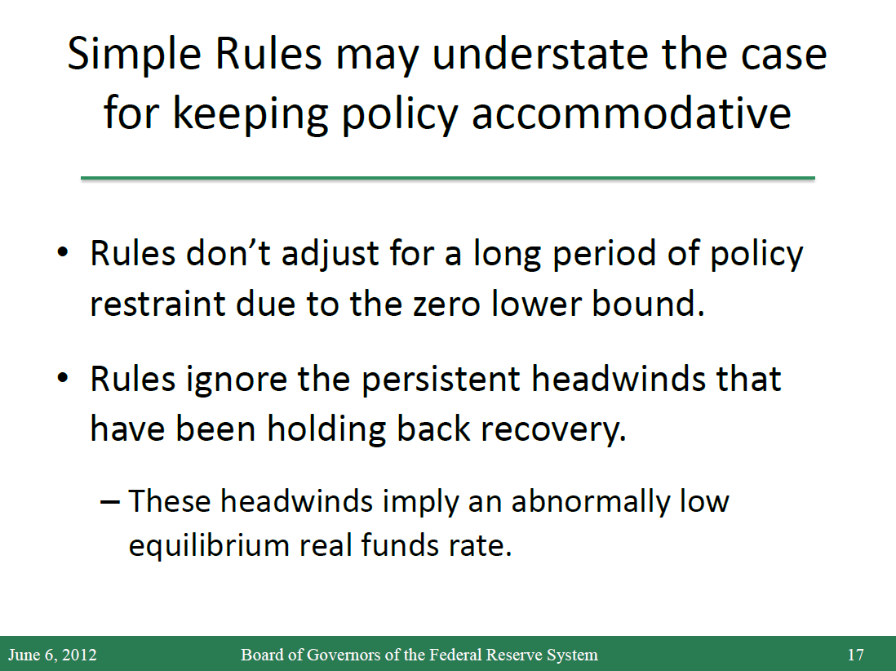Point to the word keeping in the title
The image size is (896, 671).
click(251, 115)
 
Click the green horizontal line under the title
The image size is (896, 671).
click(447, 178)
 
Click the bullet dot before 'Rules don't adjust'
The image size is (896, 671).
click(63, 252)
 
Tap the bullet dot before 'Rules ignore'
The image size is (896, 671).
click(63, 378)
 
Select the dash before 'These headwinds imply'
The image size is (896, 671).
click(109, 502)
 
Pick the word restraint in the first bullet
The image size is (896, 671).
click(157, 303)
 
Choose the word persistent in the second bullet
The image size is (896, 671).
click(441, 380)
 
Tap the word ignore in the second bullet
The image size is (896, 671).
click(236, 381)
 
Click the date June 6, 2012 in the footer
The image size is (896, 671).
click(52, 655)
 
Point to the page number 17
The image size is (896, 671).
click(855, 655)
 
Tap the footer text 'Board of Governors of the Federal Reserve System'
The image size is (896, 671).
click(419, 655)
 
